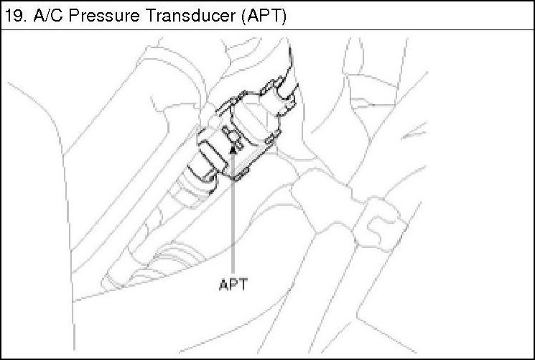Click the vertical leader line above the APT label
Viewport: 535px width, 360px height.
coord(233,216)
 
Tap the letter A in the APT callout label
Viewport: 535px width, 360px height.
coord(223,283)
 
